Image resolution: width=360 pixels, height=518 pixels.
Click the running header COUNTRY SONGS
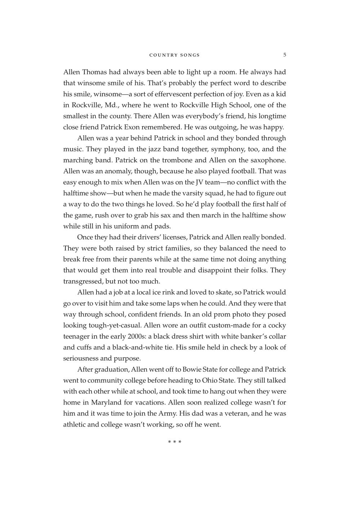(175, 55)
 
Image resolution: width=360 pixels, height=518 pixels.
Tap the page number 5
(284, 55)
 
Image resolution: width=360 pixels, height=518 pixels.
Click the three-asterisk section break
(175, 442)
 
